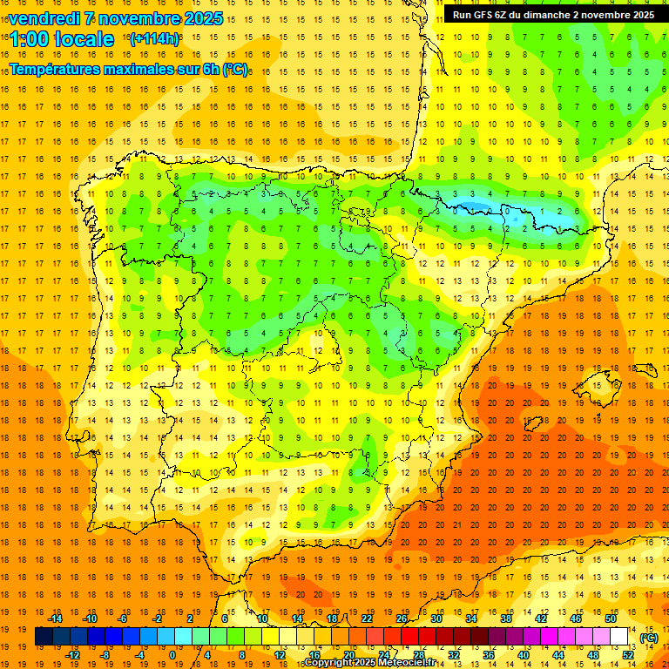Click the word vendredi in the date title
click(x=44, y=18)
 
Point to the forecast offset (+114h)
click(x=154, y=39)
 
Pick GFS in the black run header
click(x=484, y=15)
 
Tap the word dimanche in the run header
click(x=547, y=15)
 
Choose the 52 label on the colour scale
click(x=628, y=655)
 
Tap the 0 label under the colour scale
click(x=172, y=655)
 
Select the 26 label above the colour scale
click(x=402, y=618)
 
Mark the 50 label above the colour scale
click(x=611, y=618)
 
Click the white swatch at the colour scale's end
click(x=619, y=637)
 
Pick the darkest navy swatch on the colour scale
click(x=44, y=637)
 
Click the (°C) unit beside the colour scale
click(x=649, y=638)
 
